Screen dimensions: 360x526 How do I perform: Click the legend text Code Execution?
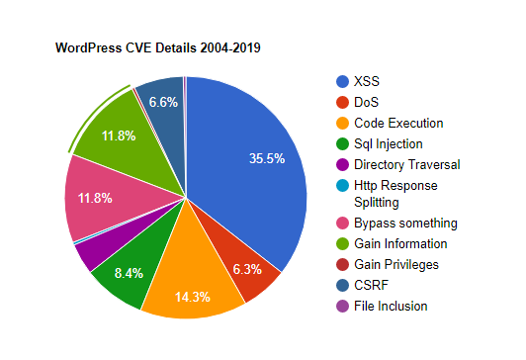398,123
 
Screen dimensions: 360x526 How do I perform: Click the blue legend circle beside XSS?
343,81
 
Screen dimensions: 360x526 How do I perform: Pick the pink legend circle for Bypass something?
343,223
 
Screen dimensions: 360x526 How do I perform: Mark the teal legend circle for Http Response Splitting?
343,185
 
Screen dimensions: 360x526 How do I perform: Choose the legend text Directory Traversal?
407,164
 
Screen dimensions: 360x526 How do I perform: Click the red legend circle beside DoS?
343,102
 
